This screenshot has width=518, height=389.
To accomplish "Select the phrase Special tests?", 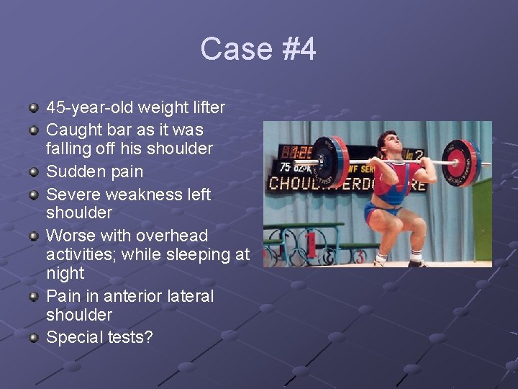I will [99, 337].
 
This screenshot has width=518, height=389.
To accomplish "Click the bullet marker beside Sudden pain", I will [33, 172].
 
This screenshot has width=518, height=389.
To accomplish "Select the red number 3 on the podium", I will [360, 256].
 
